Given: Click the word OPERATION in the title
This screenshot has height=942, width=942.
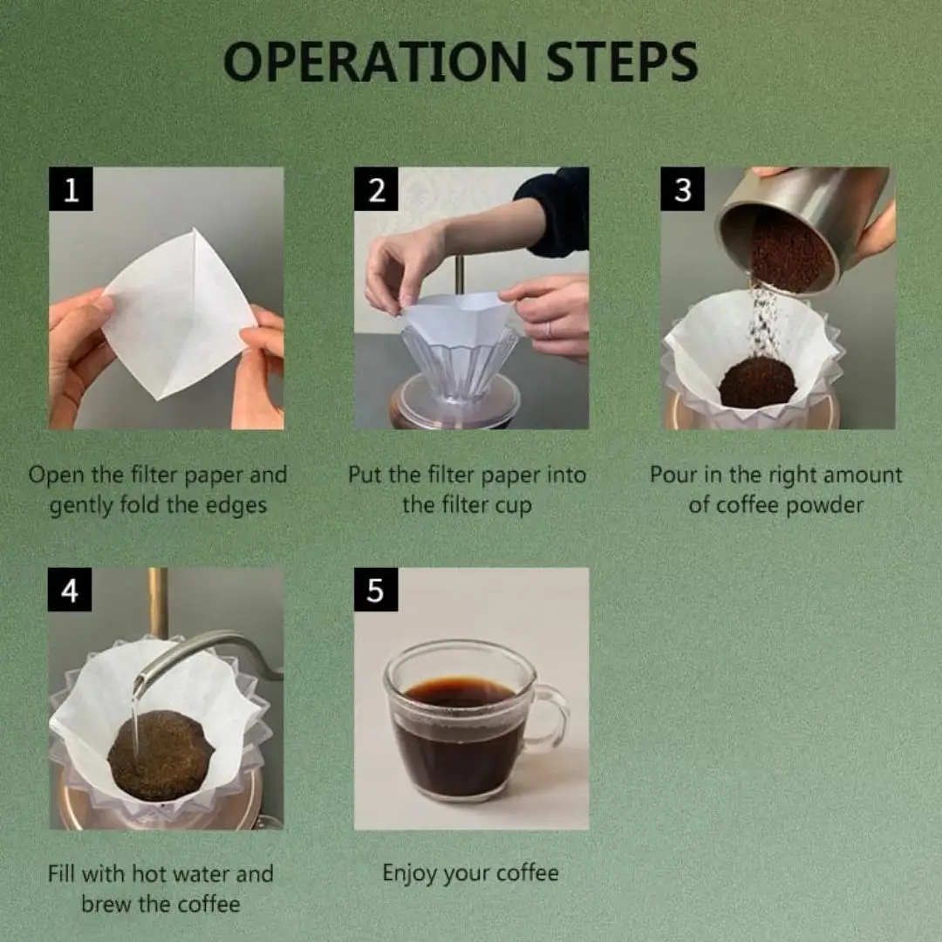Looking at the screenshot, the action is point(375,61).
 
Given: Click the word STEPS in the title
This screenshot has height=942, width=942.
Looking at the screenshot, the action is point(622,61).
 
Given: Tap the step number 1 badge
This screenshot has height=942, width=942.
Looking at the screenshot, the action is point(71,189).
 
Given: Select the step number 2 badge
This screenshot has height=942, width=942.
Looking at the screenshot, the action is point(376,189).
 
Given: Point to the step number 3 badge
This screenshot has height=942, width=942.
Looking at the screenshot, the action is point(682,189).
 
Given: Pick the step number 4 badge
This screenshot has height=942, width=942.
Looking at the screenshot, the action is point(70,590).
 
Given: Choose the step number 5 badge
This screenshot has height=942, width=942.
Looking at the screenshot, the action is point(375,590).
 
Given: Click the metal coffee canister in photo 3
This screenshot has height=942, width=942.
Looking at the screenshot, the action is point(802,229).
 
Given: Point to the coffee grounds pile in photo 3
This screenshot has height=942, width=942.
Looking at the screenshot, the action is point(758,383).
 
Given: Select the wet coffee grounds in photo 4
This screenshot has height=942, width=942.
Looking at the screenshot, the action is point(160,755).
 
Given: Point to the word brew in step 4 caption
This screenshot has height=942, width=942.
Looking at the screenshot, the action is point(106,904).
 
